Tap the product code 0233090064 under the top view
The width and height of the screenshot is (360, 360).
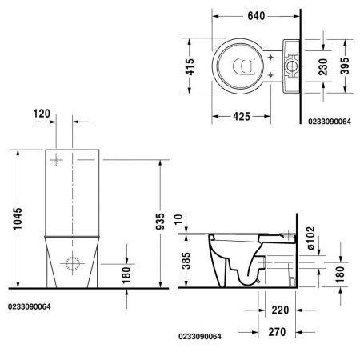326,122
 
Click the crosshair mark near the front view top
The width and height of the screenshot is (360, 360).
56,159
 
